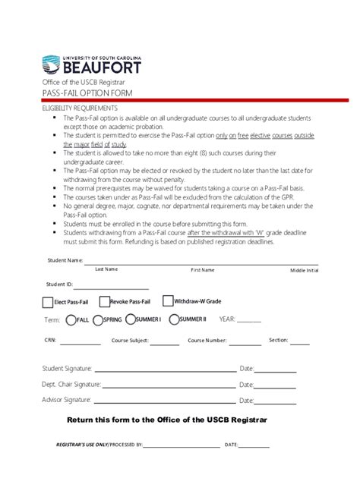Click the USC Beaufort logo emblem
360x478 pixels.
click(50, 64)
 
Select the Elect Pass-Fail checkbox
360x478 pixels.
click(48, 302)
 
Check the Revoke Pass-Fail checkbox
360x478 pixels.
click(104, 301)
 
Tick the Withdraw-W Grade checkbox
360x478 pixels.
click(168, 300)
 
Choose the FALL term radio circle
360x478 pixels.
click(71, 320)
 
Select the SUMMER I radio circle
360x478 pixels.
click(131, 320)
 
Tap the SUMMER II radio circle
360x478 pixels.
click(174, 320)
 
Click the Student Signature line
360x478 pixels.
click(164, 371)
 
